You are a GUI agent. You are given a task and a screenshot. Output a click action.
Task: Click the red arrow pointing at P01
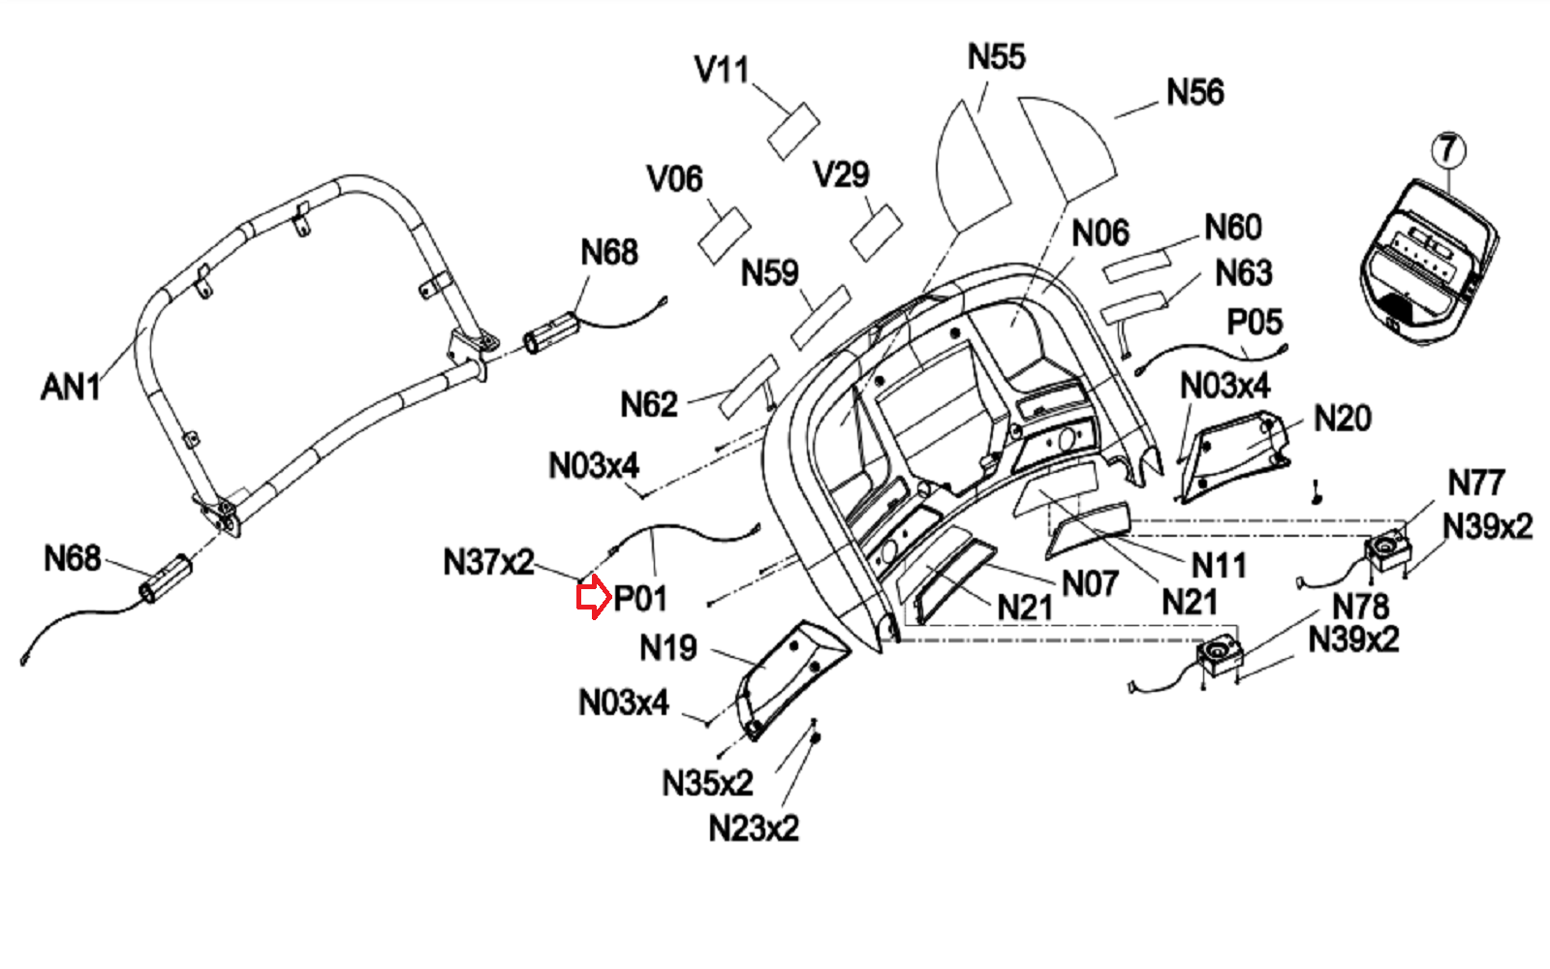pyautogui.click(x=594, y=597)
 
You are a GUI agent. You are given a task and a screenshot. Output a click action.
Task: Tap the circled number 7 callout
pyautogui.click(x=1448, y=150)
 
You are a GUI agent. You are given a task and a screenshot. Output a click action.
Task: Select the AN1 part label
pyautogui.click(x=71, y=387)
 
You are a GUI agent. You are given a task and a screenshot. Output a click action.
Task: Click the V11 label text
pyautogui.click(x=722, y=69)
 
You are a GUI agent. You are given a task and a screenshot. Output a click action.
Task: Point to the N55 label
pyautogui.click(x=997, y=57)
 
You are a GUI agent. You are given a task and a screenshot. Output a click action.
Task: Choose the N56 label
pyautogui.click(x=1195, y=92)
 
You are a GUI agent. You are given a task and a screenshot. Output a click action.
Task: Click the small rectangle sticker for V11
pyautogui.click(x=793, y=132)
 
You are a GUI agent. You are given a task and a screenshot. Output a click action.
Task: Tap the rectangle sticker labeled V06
pyautogui.click(x=725, y=235)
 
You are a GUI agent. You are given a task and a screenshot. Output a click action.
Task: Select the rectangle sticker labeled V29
pyautogui.click(x=876, y=233)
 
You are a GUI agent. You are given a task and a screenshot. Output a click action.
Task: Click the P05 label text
pyautogui.click(x=1255, y=322)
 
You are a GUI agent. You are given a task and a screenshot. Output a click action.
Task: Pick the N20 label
pyautogui.click(x=1343, y=419)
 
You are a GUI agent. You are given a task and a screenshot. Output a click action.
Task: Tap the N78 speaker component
pyautogui.click(x=1220, y=655)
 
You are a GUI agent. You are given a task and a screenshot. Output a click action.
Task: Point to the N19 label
pyautogui.click(x=667, y=648)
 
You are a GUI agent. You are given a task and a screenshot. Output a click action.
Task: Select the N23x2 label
pyautogui.click(x=754, y=828)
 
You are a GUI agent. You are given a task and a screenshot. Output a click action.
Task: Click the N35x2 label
pyautogui.click(x=707, y=784)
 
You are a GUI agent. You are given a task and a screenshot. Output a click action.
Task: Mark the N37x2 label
pyautogui.click(x=488, y=562)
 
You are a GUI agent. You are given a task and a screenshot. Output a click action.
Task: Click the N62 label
pyautogui.click(x=648, y=404)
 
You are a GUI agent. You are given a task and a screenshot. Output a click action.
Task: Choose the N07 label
pyautogui.click(x=1090, y=583)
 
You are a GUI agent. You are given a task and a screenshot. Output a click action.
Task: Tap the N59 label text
pyautogui.click(x=769, y=272)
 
